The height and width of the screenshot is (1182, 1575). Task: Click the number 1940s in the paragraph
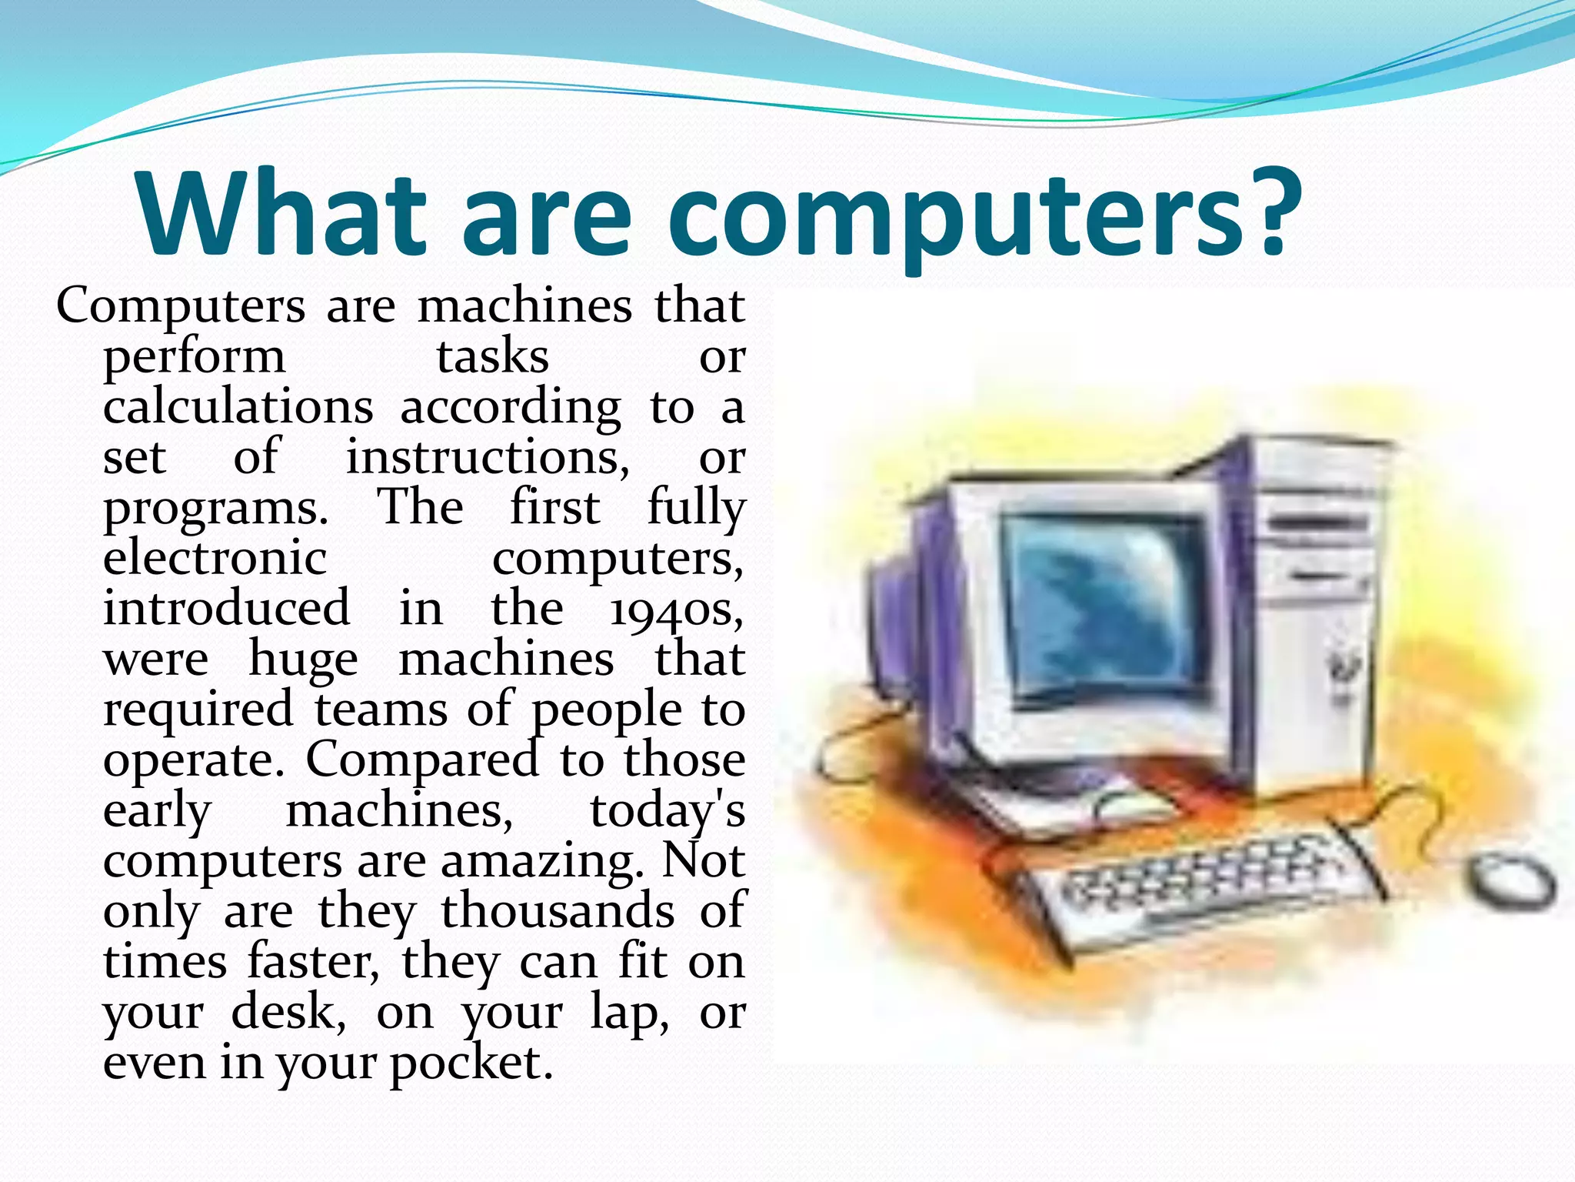tap(677, 610)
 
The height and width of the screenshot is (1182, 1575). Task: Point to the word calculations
tap(238, 407)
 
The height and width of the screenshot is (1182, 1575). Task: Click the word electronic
tap(215, 558)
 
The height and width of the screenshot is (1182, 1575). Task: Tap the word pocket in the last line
tap(471, 1064)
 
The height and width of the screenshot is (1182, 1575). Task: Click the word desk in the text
tap(288, 1013)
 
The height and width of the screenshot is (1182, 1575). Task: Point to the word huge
tap(303, 661)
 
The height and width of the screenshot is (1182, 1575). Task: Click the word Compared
tap(422, 761)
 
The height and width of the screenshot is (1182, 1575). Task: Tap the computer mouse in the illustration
tap(1512, 882)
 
